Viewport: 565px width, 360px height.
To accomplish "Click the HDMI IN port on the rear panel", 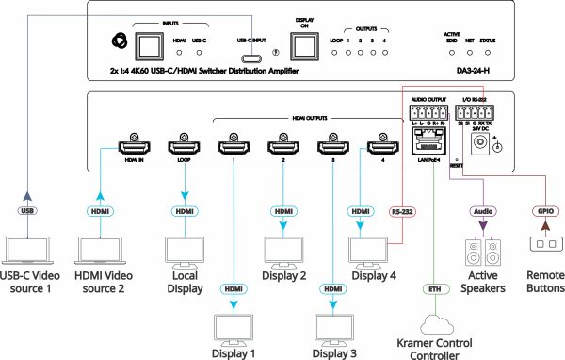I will pos(130,148).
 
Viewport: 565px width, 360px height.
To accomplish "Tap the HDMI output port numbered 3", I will pos(331,148).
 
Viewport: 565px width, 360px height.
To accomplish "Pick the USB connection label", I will pos(28,211).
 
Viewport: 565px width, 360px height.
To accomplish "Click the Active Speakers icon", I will pos(483,253).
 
